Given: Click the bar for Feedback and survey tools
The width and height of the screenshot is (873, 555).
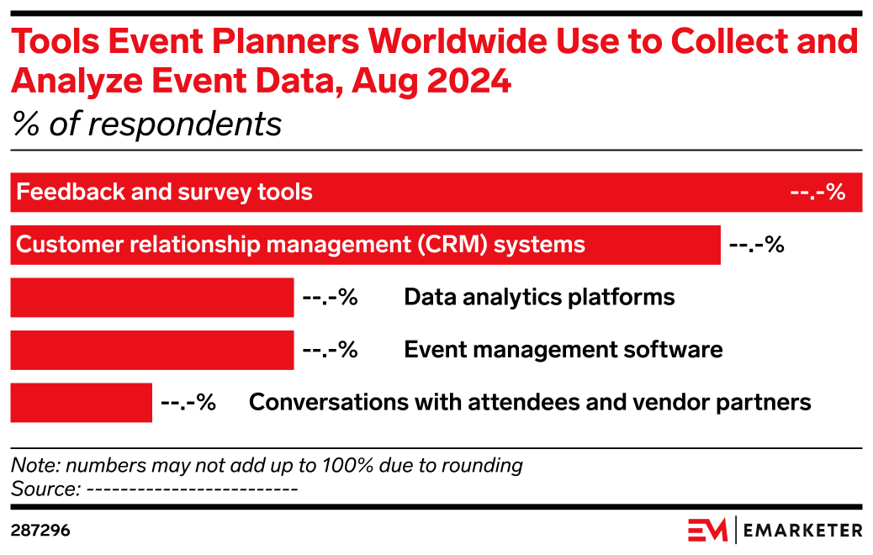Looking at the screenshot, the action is tap(436, 192).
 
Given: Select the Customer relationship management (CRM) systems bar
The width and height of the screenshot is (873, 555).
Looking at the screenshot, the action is tap(365, 245).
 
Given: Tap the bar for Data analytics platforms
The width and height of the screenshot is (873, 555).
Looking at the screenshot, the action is tap(152, 298).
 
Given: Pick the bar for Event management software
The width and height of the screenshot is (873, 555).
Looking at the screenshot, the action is tap(152, 350).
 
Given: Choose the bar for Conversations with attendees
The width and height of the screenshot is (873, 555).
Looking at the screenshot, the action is tap(82, 403).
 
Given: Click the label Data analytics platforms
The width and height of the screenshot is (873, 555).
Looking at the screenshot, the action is tap(539, 298).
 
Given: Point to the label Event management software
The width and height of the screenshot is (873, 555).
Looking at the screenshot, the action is tap(563, 350).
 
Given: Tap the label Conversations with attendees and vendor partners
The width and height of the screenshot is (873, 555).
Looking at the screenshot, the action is tap(530, 403).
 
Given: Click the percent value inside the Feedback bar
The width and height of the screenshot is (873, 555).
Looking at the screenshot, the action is tap(817, 192).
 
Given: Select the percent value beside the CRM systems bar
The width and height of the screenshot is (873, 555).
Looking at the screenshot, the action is tap(757, 245).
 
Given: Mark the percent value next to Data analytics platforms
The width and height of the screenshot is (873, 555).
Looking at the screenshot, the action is tap(331, 298).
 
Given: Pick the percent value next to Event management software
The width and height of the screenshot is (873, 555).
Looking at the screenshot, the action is tap(331, 350).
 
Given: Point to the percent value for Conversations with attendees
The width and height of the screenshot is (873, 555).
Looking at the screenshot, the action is tap(188, 403).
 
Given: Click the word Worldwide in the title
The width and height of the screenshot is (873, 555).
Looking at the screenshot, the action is tap(458, 41).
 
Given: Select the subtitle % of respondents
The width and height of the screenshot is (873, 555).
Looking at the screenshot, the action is tap(147, 124).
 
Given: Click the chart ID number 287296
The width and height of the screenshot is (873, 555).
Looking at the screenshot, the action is tap(40, 531).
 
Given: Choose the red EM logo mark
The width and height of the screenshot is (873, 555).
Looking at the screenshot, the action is tap(707, 530).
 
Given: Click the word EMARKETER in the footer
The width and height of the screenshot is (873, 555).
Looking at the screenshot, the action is tap(803, 531).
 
